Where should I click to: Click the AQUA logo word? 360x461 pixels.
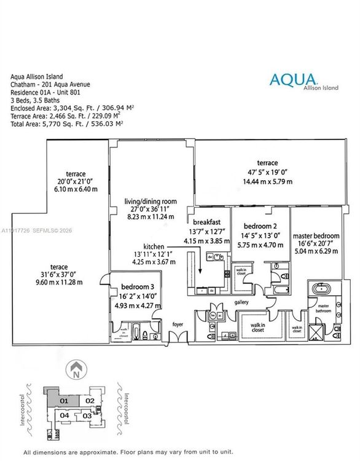point(293,79)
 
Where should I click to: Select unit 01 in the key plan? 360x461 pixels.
point(64,401)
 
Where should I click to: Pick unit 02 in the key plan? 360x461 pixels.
point(89,401)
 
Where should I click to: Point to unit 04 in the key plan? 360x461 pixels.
point(64,416)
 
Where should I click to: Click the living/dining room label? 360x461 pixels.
point(151,201)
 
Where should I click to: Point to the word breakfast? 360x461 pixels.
point(206,222)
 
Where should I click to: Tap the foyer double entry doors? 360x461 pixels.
point(177,336)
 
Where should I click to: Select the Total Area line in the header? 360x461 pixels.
point(66,124)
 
